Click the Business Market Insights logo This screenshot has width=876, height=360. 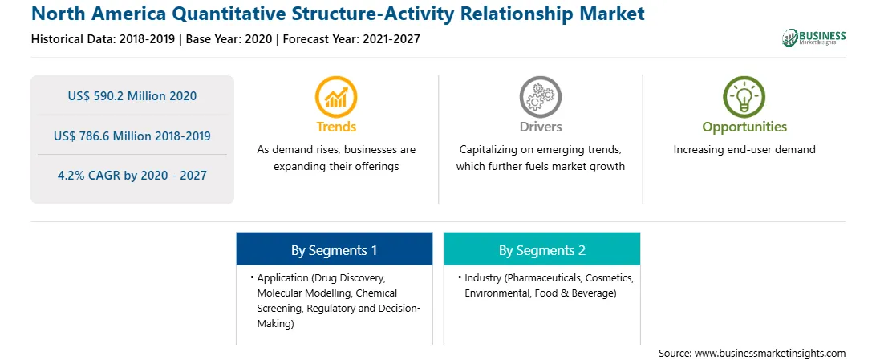pyautogui.click(x=814, y=38)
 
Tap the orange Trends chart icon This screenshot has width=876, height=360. pyautogui.click(x=336, y=97)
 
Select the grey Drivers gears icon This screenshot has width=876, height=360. pyautogui.click(x=540, y=97)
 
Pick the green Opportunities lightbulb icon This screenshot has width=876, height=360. pyautogui.click(x=744, y=97)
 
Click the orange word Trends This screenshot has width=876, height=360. pyautogui.click(x=336, y=127)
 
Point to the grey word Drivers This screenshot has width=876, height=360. pyautogui.click(x=540, y=127)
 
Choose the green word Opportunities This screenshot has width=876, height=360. pyautogui.click(x=744, y=127)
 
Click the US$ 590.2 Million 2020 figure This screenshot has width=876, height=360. pyautogui.click(x=132, y=96)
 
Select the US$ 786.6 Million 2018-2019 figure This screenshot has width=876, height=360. pyautogui.click(x=132, y=136)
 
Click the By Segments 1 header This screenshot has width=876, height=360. pyautogui.click(x=334, y=250)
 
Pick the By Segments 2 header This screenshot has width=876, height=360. pyautogui.click(x=542, y=250)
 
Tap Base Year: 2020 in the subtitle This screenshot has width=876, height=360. pyautogui.click(x=229, y=39)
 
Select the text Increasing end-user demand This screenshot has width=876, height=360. pyautogui.click(x=744, y=150)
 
